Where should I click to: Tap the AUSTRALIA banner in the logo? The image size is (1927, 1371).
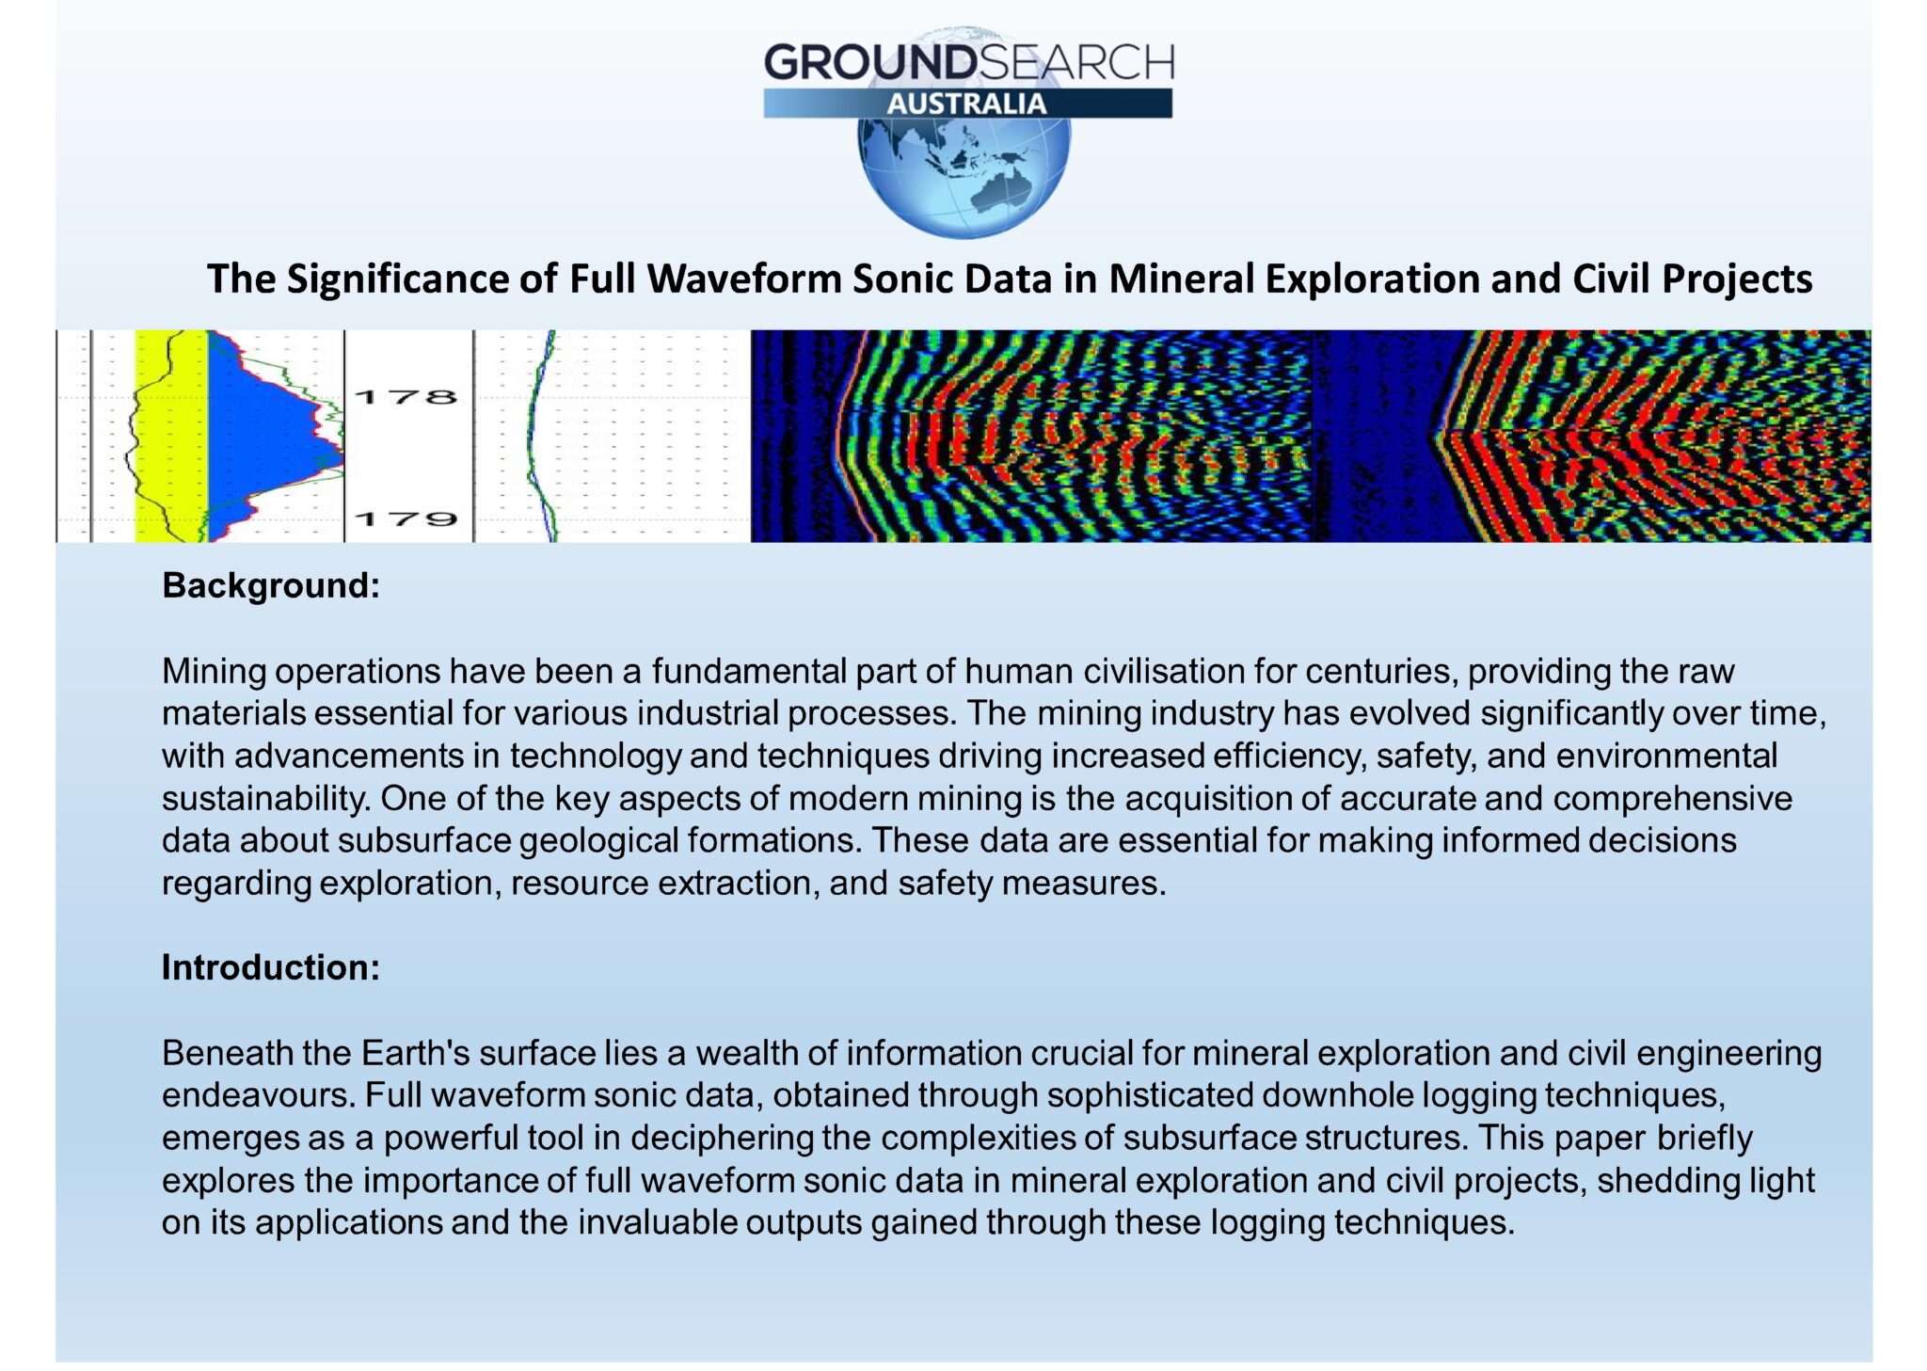[966, 104]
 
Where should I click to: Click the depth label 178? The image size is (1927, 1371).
[406, 397]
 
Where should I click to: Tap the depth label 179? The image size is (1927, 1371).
[406, 518]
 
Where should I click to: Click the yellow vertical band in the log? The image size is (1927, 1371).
[171, 436]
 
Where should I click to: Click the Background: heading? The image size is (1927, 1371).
[271, 585]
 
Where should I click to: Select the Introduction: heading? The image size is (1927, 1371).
[271, 967]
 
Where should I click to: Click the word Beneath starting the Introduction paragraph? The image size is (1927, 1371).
[228, 1053]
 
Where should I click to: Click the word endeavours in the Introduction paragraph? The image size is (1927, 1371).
[258, 1095]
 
